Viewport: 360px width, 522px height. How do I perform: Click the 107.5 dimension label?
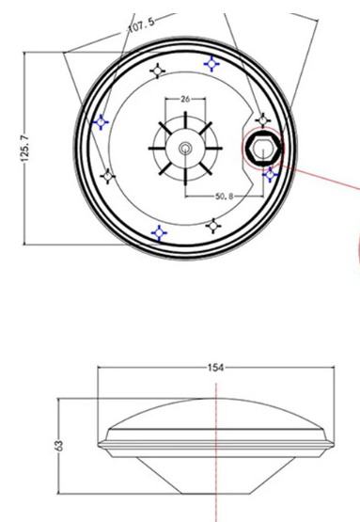[141, 24]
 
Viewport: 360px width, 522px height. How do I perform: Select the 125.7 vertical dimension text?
[25, 149]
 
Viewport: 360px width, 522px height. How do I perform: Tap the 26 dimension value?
[185, 99]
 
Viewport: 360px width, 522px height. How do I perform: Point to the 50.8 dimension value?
[225, 196]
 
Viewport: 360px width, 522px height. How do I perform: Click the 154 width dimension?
[215, 368]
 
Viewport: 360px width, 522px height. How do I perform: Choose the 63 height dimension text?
[58, 445]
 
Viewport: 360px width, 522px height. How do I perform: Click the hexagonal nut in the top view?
[263, 149]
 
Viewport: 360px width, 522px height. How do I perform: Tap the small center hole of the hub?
[185, 149]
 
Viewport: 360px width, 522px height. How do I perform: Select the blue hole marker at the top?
[211, 64]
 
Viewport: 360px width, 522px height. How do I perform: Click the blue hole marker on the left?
[101, 122]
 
